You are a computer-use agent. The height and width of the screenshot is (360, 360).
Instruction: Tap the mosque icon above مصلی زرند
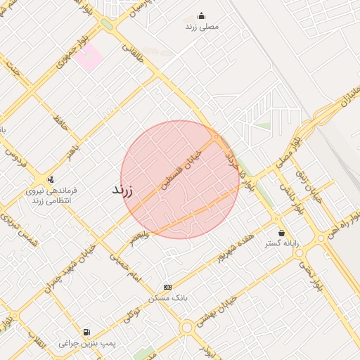pos(202,16)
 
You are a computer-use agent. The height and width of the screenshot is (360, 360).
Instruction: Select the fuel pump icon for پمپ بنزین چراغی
pos(86,331)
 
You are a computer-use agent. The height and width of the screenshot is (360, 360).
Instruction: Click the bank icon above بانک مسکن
pos(167,287)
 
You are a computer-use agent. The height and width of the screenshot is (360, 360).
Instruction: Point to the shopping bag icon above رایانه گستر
pos(281,233)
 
